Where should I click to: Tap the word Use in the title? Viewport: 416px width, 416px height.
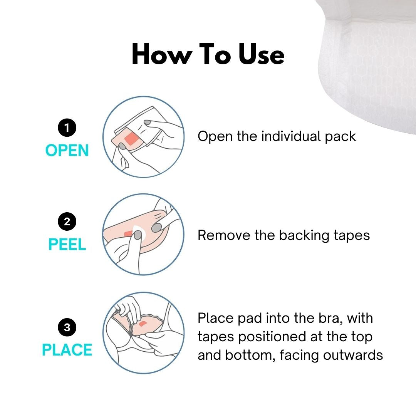[x=261, y=55]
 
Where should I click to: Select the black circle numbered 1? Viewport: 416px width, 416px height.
[x=67, y=128]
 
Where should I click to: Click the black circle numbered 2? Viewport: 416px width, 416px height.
[x=67, y=222]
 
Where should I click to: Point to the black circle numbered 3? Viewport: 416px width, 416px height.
[x=67, y=327]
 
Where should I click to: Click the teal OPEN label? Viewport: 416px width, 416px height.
[x=67, y=151]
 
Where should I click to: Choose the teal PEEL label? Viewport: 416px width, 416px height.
[x=67, y=245]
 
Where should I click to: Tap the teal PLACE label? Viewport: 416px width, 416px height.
[x=67, y=350]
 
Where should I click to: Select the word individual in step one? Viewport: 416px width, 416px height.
[x=291, y=136]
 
